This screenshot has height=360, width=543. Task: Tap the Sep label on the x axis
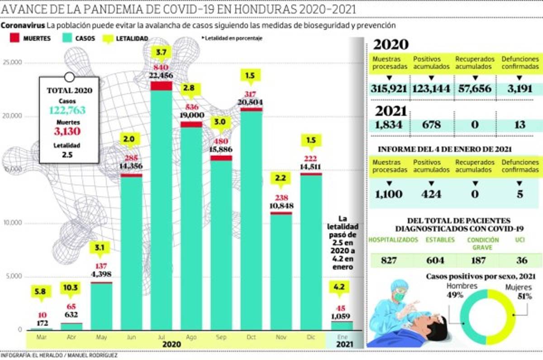(x=221, y=337)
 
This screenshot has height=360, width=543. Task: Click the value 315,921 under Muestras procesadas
(x=390, y=88)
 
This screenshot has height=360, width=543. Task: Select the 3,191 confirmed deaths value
(x=519, y=88)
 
